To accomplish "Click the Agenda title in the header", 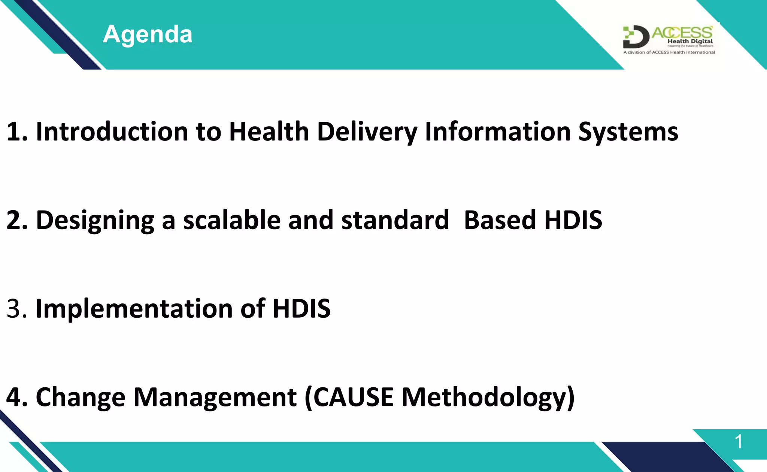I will point(148,34).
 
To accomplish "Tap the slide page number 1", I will point(738,442).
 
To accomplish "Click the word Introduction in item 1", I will point(112,132).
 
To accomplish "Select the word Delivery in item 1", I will point(367,132).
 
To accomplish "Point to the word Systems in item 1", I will point(628,132).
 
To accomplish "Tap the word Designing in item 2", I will point(95,220).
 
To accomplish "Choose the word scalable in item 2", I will point(231,220).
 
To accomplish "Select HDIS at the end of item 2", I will point(573,220).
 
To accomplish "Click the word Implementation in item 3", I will point(134,309).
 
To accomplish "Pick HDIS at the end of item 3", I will point(301,309).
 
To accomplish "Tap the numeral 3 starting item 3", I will point(13,309).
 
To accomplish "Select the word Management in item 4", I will point(215,397).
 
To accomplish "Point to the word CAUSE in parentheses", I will point(353,397).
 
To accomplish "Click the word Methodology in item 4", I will point(484,397).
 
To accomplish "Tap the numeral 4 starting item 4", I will point(13,397).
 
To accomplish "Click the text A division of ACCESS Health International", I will point(669,52).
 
